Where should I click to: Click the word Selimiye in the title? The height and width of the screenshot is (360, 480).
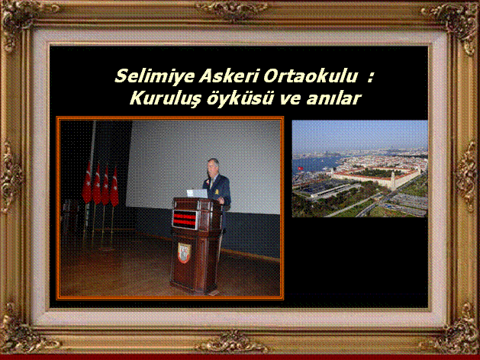155,76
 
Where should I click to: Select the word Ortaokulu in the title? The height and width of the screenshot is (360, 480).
310,76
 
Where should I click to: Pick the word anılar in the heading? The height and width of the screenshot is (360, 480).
334,98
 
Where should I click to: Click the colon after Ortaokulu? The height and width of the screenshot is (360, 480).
370,77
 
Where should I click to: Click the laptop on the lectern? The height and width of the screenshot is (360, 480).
197,193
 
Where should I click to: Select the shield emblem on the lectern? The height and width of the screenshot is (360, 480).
184,252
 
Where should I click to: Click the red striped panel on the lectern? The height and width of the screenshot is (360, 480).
185,219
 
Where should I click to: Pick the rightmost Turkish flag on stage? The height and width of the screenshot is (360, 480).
114,187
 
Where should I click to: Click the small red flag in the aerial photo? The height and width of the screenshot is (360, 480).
301,169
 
